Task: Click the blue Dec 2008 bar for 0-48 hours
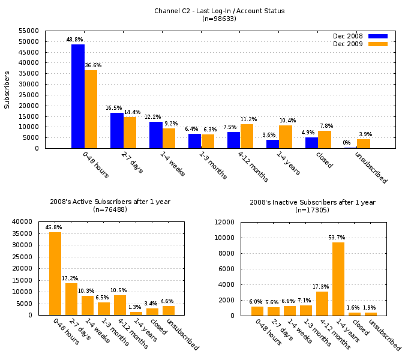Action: pos(78,96)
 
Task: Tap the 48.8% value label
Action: pos(75,40)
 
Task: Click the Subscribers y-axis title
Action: pos(7,89)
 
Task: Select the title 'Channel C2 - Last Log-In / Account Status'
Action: pos(219,11)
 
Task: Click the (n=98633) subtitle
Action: pos(219,19)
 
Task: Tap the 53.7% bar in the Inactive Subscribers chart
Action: pos(338,279)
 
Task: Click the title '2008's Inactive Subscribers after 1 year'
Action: pos(313,202)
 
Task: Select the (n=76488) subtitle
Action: pos(110,210)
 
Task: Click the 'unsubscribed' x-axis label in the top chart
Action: pos(371,167)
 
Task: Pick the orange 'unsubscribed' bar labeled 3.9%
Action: pos(364,144)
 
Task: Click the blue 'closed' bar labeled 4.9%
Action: pos(311,143)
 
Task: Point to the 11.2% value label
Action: pos(248,119)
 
